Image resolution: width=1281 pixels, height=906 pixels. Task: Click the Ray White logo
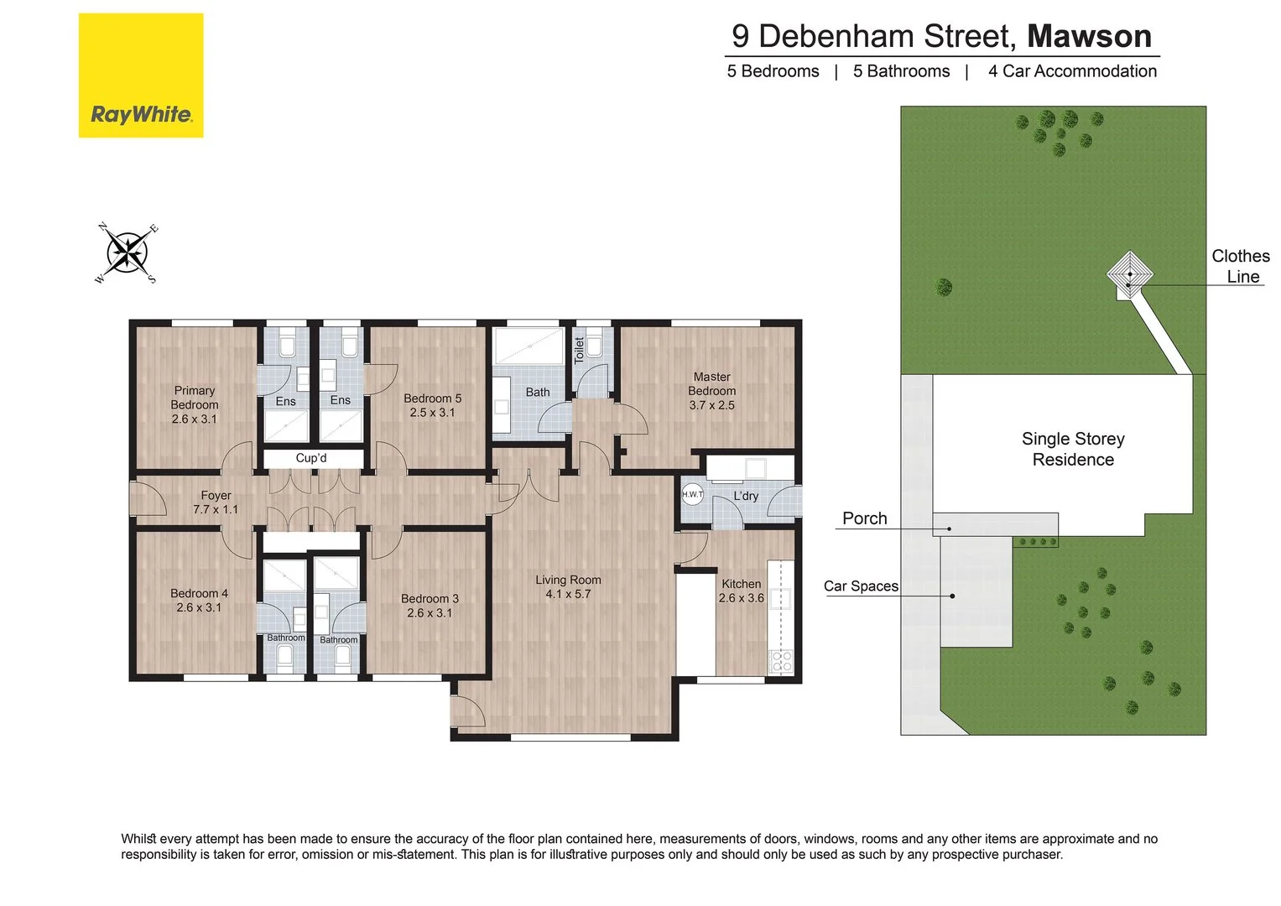[x=141, y=75]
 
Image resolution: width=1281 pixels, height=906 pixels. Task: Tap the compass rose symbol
[x=127, y=253]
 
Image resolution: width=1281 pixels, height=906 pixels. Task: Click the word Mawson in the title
[x=1089, y=36]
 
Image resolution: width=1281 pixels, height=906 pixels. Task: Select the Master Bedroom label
[x=711, y=391]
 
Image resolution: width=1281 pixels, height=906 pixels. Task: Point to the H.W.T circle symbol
[x=692, y=494]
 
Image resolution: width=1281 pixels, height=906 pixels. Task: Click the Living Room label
[x=568, y=586]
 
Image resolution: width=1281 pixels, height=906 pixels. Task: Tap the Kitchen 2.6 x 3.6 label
[x=742, y=591]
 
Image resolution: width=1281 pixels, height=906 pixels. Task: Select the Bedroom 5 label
[x=432, y=405]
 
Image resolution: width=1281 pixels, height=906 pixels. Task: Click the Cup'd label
[x=311, y=458]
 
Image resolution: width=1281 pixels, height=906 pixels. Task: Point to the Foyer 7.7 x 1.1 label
[x=216, y=502]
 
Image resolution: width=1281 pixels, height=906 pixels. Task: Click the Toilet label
[x=579, y=350]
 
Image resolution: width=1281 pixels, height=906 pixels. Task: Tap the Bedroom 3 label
[x=430, y=605]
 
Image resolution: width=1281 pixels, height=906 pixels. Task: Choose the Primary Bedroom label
[x=195, y=404]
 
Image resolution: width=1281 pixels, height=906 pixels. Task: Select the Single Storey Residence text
[x=1073, y=449]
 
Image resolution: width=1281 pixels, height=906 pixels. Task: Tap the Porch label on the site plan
[x=864, y=518]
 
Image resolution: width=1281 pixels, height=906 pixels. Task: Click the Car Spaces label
[x=861, y=586]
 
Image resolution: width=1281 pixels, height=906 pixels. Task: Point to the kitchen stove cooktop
[x=781, y=661]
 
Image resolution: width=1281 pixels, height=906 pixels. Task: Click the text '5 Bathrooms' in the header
[x=901, y=71]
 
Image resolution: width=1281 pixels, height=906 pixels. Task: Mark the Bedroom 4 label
[x=199, y=600]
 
